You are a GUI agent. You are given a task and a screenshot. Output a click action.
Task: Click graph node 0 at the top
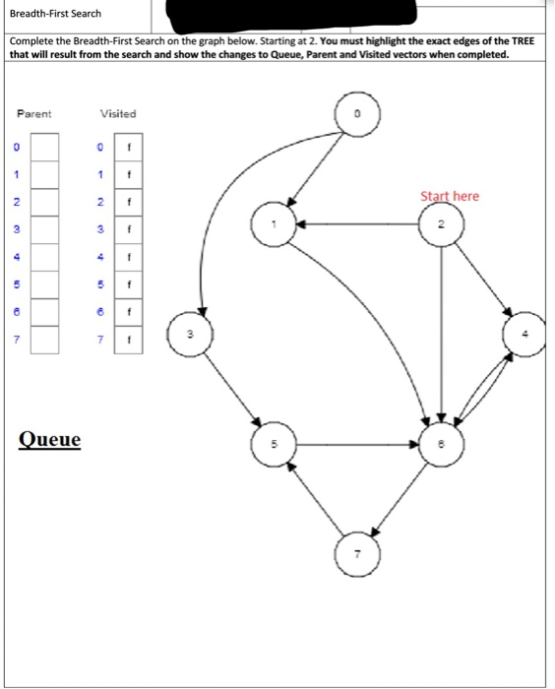(x=359, y=115)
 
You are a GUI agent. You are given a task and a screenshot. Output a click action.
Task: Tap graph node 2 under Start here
(x=442, y=224)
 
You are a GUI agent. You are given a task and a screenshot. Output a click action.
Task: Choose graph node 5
(x=275, y=444)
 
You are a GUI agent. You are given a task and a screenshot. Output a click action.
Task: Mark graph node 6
(x=442, y=444)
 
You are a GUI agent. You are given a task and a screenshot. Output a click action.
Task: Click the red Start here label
(x=450, y=196)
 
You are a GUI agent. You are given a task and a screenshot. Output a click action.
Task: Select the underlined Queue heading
(x=50, y=439)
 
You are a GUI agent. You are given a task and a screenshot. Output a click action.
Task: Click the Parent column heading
(x=34, y=114)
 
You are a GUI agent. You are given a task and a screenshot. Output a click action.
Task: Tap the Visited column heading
(x=118, y=114)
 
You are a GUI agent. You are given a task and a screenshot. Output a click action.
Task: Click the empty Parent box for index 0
(x=44, y=148)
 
